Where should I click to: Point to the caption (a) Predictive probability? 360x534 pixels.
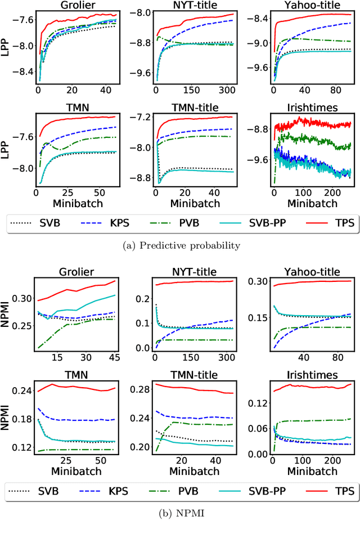[180, 245]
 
